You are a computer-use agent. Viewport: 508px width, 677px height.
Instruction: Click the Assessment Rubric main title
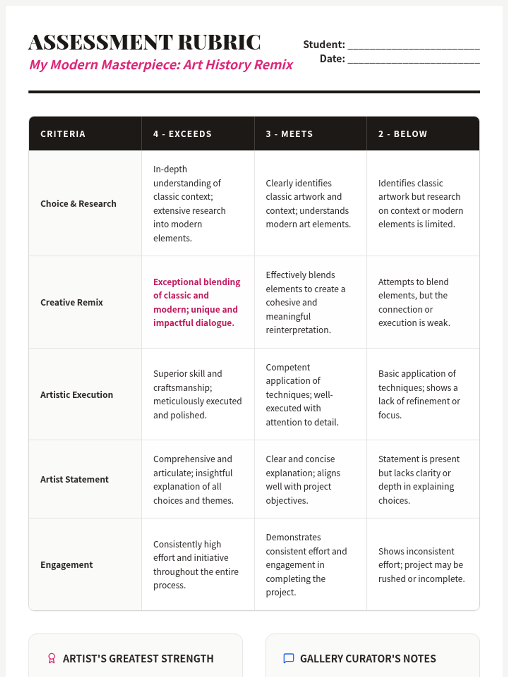[144, 42]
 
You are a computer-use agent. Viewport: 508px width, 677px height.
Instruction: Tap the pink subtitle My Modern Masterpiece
[161, 65]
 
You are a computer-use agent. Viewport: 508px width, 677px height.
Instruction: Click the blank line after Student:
[414, 45]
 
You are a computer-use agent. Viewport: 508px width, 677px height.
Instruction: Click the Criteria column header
[63, 134]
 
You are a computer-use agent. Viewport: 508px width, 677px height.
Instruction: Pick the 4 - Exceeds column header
[182, 134]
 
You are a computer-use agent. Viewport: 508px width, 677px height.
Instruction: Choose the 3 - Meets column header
[290, 134]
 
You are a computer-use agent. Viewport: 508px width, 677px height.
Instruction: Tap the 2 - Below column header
[403, 134]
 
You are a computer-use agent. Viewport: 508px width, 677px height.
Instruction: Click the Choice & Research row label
[78, 204]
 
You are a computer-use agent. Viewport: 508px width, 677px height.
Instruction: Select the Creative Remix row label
[72, 303]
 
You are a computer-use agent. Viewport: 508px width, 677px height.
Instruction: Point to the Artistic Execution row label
[77, 395]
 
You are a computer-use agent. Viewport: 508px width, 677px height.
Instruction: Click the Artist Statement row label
[75, 479]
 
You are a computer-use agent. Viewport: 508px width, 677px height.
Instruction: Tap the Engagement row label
[66, 565]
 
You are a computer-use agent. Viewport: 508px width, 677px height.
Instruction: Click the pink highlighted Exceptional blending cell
[196, 303]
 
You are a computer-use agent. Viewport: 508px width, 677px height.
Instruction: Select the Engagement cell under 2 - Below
[421, 565]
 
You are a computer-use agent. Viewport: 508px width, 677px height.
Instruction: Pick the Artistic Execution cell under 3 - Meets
[302, 395]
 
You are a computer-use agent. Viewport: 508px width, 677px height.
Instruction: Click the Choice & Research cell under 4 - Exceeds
[189, 204]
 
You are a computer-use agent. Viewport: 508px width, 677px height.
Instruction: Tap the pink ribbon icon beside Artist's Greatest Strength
[52, 658]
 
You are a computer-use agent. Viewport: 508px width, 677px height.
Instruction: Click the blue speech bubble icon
[288, 658]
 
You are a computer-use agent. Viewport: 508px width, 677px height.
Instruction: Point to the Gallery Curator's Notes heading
[368, 658]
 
